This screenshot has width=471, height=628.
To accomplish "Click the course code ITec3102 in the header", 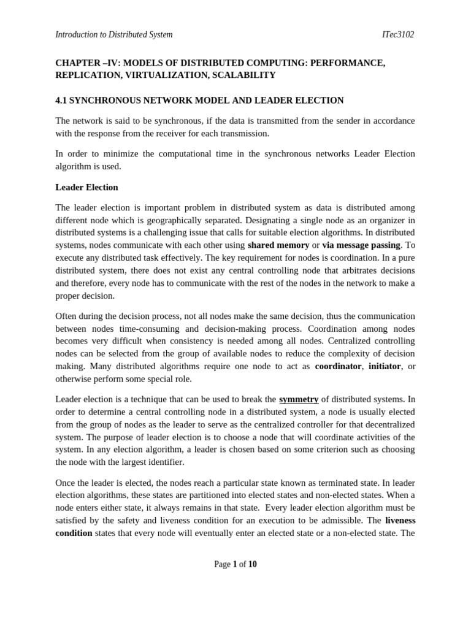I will pyautogui.click(x=397, y=35).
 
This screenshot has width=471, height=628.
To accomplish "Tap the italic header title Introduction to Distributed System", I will pyautogui.click(x=114, y=35).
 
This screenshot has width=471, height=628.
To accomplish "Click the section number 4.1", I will pyautogui.click(x=63, y=100).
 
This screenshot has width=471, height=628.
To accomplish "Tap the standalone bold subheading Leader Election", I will pyautogui.click(x=86, y=187).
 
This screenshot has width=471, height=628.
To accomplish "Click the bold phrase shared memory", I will pyautogui.click(x=278, y=245).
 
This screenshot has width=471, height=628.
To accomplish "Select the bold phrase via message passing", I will pyautogui.click(x=361, y=245).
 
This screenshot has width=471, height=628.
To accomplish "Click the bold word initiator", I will pyautogui.click(x=385, y=366).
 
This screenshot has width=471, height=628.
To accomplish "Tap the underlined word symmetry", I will pyautogui.click(x=299, y=399).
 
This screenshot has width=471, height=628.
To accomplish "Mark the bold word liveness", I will pyautogui.click(x=400, y=520).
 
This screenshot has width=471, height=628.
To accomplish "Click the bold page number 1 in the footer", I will pyautogui.click(x=234, y=564).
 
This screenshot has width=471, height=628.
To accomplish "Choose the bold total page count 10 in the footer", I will pyautogui.click(x=252, y=564).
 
